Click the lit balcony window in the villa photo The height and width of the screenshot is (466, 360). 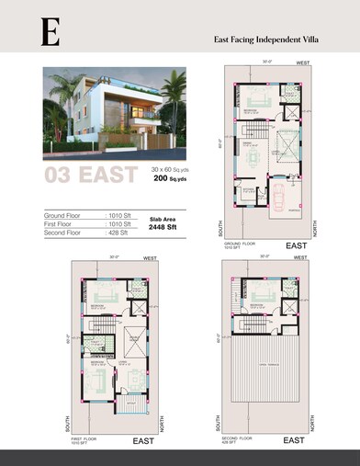pyautogui.click(x=141, y=112)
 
